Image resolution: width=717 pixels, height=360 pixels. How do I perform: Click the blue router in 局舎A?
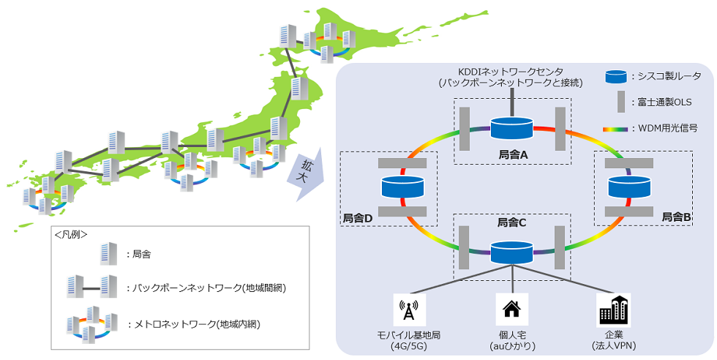coord(511,129)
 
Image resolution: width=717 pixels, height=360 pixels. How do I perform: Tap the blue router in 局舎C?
coord(511,252)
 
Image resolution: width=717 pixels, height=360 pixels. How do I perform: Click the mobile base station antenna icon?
coord(409,310)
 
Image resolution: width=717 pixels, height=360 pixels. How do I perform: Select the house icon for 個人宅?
coord(511,310)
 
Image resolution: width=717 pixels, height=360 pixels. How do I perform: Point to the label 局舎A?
coord(512,155)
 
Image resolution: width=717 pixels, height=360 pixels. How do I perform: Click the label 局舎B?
coord(676,217)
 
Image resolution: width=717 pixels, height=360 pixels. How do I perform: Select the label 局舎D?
coord(358,218)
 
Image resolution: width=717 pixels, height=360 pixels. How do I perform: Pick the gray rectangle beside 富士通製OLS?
coord(620,101)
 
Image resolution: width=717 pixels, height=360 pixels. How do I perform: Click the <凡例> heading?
coord(71,235)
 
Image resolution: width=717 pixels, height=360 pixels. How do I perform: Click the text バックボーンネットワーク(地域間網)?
coord(206,288)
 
